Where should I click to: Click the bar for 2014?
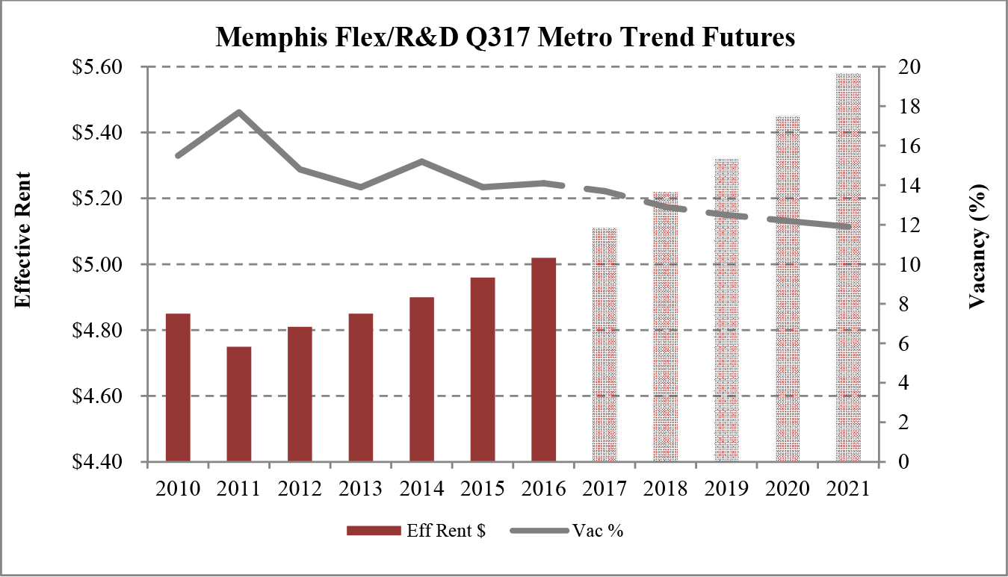point(421,379)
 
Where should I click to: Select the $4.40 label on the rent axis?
point(101,462)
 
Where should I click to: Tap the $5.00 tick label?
point(101,265)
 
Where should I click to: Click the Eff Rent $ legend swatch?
point(373,531)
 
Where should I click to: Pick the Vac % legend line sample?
point(538,531)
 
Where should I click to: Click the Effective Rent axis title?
point(24,240)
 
